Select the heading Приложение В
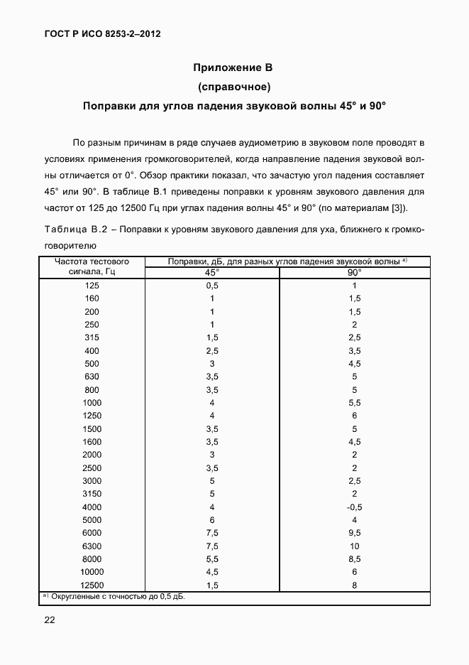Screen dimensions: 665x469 pyautogui.click(x=233, y=68)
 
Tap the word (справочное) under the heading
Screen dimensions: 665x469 pyautogui.click(x=233, y=87)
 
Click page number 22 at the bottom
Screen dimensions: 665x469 pyautogui.click(x=50, y=620)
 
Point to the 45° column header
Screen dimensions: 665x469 pyautogui.click(x=212, y=272)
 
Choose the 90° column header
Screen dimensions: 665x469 pyautogui.click(x=354, y=272)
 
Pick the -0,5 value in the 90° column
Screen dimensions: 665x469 pyautogui.click(x=354, y=507)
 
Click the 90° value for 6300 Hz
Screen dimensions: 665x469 pyautogui.click(x=354, y=546)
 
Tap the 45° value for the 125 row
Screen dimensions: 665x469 pyautogui.click(x=212, y=285)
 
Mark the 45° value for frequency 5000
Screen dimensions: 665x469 pyautogui.click(x=212, y=520)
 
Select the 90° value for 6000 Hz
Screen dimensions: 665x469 pyautogui.click(x=354, y=533)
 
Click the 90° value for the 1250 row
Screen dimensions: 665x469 pyautogui.click(x=354, y=415)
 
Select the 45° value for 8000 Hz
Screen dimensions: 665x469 pyautogui.click(x=212, y=559)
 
